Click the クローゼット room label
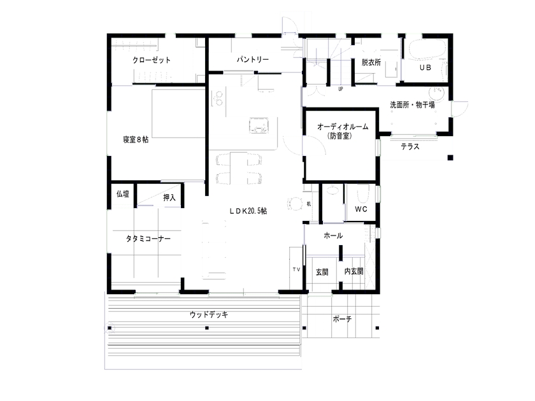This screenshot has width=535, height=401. point(152,60)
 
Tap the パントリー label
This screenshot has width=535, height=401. point(253,59)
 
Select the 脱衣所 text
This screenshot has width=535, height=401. point(371,62)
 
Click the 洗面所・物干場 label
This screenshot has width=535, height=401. point(413,105)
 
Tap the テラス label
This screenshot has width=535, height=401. point(410,147)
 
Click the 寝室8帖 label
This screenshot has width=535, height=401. point(136,139)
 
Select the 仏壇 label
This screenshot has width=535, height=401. point(122,194)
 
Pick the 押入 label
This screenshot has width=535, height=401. point(169,198)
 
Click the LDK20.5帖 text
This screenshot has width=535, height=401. point(248,211)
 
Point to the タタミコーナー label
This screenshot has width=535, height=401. point(148,239)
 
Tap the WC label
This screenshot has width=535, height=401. point(361,209)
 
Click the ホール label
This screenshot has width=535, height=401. point(333,236)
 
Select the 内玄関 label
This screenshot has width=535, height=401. point(353,271)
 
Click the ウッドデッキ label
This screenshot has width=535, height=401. point(208,314)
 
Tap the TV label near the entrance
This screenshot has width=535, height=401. point(296,270)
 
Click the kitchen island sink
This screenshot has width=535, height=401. point(259,125)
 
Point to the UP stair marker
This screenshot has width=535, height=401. point(341,89)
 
